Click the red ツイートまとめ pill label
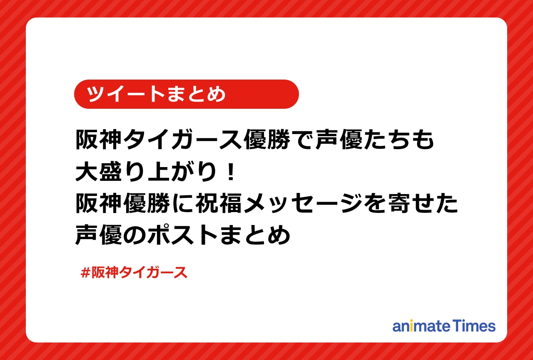tap(186, 94)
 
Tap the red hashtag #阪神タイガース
tap(134, 272)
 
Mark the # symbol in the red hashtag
tap(85, 272)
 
